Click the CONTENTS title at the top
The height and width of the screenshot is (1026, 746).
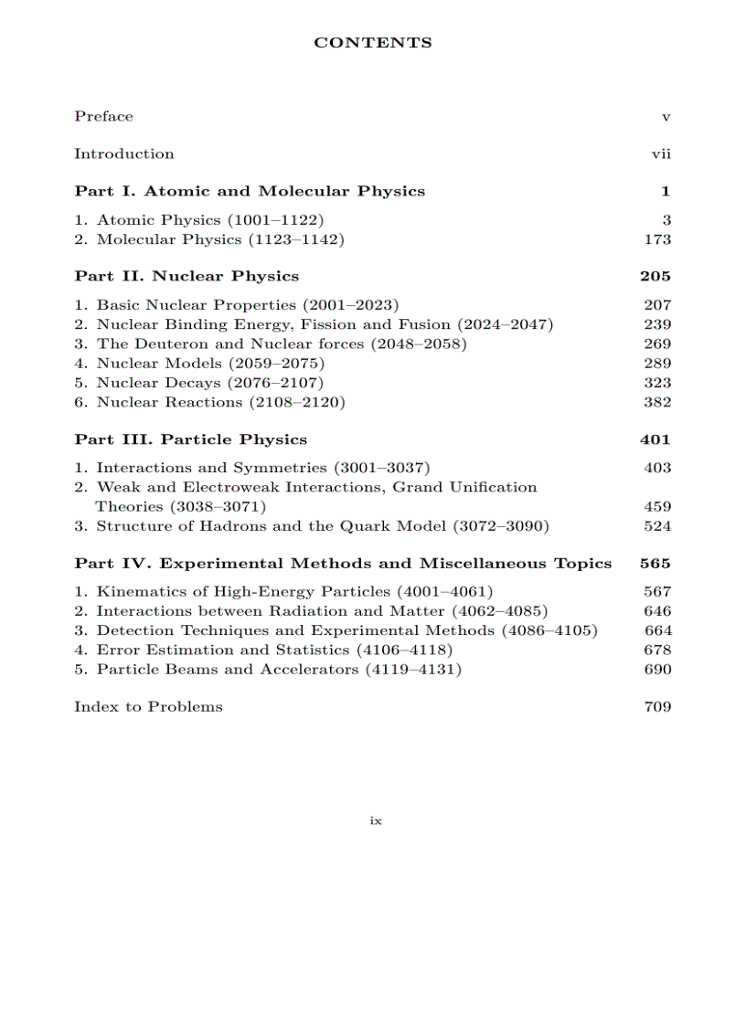(373, 43)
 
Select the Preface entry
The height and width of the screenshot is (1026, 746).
(103, 117)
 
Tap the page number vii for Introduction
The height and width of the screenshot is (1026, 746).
(660, 154)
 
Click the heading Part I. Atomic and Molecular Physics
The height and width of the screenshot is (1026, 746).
(250, 192)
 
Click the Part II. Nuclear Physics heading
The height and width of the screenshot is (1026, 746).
(186, 276)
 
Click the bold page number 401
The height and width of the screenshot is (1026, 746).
(655, 439)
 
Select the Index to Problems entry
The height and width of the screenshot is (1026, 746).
(148, 707)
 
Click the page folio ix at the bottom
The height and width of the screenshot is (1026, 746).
(375, 821)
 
